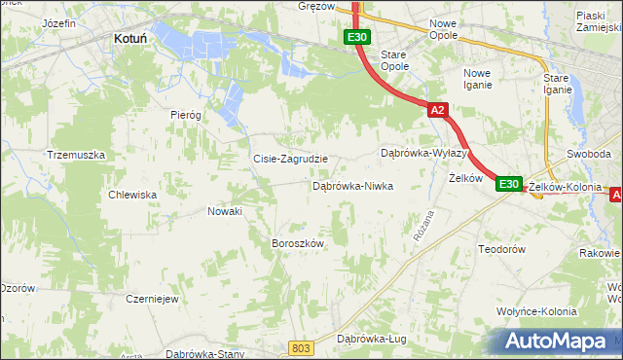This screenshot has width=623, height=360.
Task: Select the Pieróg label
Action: point(185,114)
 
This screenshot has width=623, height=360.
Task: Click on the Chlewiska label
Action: point(133,195)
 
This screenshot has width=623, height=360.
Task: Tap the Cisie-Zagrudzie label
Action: point(290,159)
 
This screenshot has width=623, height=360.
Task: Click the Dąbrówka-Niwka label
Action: point(352,185)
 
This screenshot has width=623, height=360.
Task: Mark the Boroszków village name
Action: point(297,243)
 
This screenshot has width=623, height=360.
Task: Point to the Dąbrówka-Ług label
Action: point(371,339)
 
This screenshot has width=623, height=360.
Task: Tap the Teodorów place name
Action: point(502,249)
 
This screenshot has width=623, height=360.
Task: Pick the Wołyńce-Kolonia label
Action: point(535,311)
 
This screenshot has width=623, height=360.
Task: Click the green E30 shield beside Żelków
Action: point(508,184)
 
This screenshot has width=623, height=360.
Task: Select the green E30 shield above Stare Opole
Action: point(356,37)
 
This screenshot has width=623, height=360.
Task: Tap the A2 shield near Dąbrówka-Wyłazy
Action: point(437,111)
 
